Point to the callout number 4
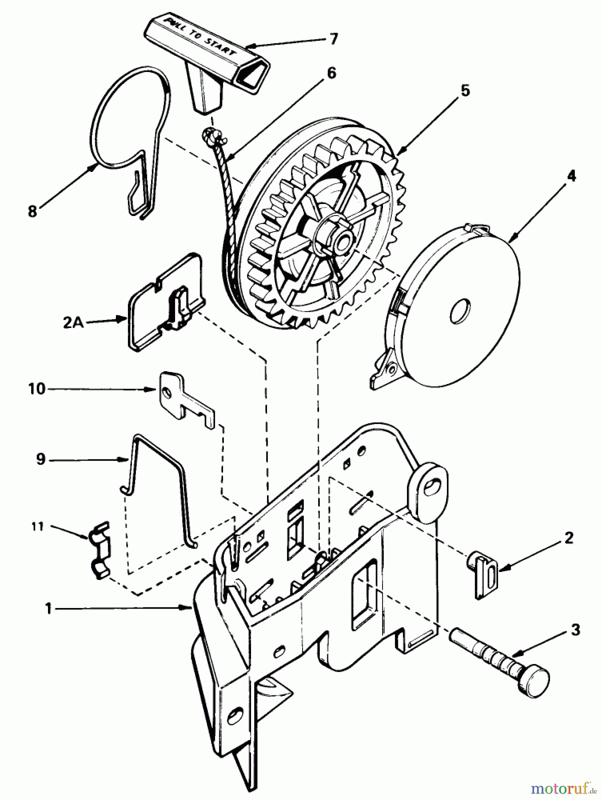pos(571,176)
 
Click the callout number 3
pos(575,630)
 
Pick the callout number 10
pos(37,389)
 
